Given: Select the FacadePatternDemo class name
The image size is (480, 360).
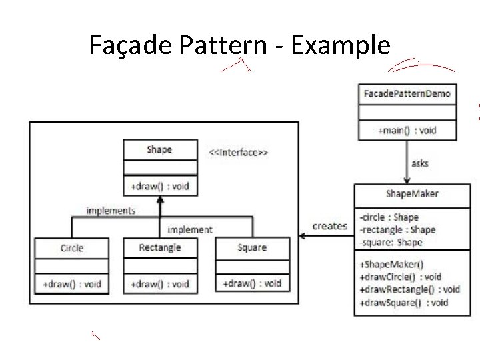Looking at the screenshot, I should coord(407,93).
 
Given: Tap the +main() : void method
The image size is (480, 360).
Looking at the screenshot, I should coord(407,130).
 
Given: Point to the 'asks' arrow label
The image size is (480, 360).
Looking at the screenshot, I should coord(420,163).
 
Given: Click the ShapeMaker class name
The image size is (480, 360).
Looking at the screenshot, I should coord(412,194).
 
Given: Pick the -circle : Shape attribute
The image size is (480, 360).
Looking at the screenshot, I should coord(389,217).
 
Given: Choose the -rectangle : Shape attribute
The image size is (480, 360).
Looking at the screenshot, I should coord(397,230).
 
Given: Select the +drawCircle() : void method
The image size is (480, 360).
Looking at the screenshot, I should coord(400,277).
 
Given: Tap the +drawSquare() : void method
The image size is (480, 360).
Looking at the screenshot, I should coord(403,303).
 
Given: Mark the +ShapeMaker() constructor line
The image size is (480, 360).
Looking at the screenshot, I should coord(391,264).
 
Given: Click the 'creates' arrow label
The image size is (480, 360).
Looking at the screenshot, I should coord(330,226).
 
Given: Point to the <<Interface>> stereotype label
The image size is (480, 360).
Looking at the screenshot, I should coord(239,153).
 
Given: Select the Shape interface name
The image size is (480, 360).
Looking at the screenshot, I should coord(159,149).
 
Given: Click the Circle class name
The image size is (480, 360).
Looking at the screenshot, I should coord(71,248).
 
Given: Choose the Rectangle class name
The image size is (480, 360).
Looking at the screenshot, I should coord(160,247).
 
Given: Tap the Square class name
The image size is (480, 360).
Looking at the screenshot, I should coord(252,247).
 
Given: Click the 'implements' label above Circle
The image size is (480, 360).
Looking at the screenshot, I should coord(111,211).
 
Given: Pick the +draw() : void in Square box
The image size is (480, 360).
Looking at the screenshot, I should coord(252,283).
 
